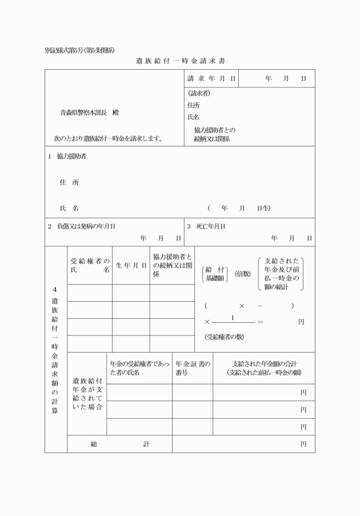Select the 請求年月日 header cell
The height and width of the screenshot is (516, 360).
click(211, 78)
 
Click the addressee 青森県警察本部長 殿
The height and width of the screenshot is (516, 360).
click(90, 113)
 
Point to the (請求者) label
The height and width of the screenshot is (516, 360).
click(198, 93)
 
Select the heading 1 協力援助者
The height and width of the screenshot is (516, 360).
click(67, 156)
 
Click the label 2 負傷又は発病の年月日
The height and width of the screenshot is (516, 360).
click(81, 226)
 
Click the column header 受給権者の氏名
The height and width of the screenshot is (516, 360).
click(90, 265)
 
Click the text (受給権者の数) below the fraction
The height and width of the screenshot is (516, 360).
click(224, 337)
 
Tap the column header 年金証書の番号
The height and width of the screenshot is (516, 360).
click(193, 368)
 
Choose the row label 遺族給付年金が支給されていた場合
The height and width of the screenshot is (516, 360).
click(87, 394)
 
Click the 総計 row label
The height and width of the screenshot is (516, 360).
click(119, 444)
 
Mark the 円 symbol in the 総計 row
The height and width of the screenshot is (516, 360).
click(303, 444)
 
